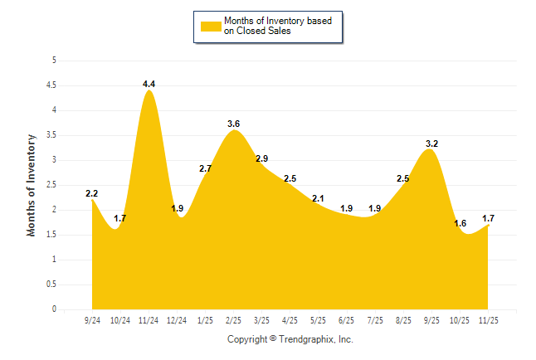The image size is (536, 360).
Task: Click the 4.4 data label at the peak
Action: point(149,84)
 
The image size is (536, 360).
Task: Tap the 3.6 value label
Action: point(234,124)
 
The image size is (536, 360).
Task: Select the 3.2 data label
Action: point(431,144)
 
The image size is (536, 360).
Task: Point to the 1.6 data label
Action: point(460,223)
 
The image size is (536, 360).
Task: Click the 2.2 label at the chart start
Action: point(92,193)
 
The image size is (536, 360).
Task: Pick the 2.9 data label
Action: point(261,158)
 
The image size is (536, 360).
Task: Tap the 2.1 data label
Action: point(318,198)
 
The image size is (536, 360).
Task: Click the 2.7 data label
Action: point(206,168)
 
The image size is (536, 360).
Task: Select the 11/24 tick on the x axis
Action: point(149,319)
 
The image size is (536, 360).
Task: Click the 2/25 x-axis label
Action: point(234,319)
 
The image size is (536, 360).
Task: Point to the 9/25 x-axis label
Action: point(432,319)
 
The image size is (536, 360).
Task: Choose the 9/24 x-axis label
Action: point(92,319)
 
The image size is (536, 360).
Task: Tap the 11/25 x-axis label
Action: point(489,319)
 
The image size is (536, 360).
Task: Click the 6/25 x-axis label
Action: point(347,319)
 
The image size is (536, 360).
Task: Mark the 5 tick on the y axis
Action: point(54,61)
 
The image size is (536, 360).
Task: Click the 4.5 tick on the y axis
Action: point(51,85)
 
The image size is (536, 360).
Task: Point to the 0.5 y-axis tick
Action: point(51,285)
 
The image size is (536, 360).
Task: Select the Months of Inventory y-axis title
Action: point(32,185)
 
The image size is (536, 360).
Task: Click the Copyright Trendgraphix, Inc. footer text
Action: point(290,339)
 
